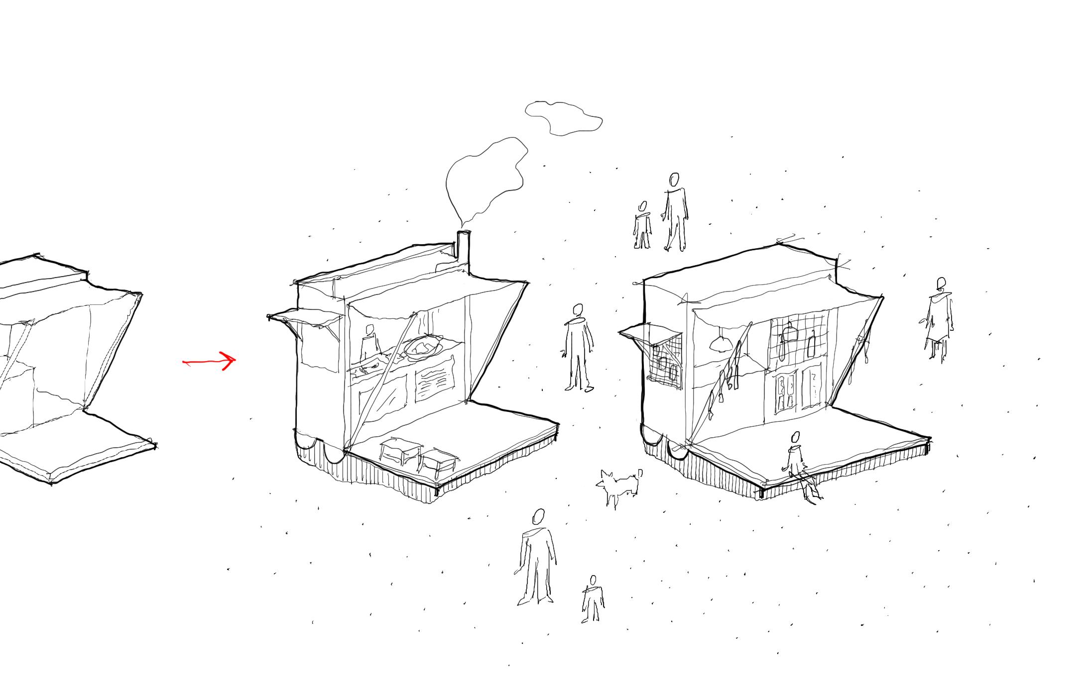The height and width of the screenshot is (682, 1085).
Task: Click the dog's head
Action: click(607, 480)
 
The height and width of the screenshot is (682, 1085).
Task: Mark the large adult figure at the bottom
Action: click(537, 558)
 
